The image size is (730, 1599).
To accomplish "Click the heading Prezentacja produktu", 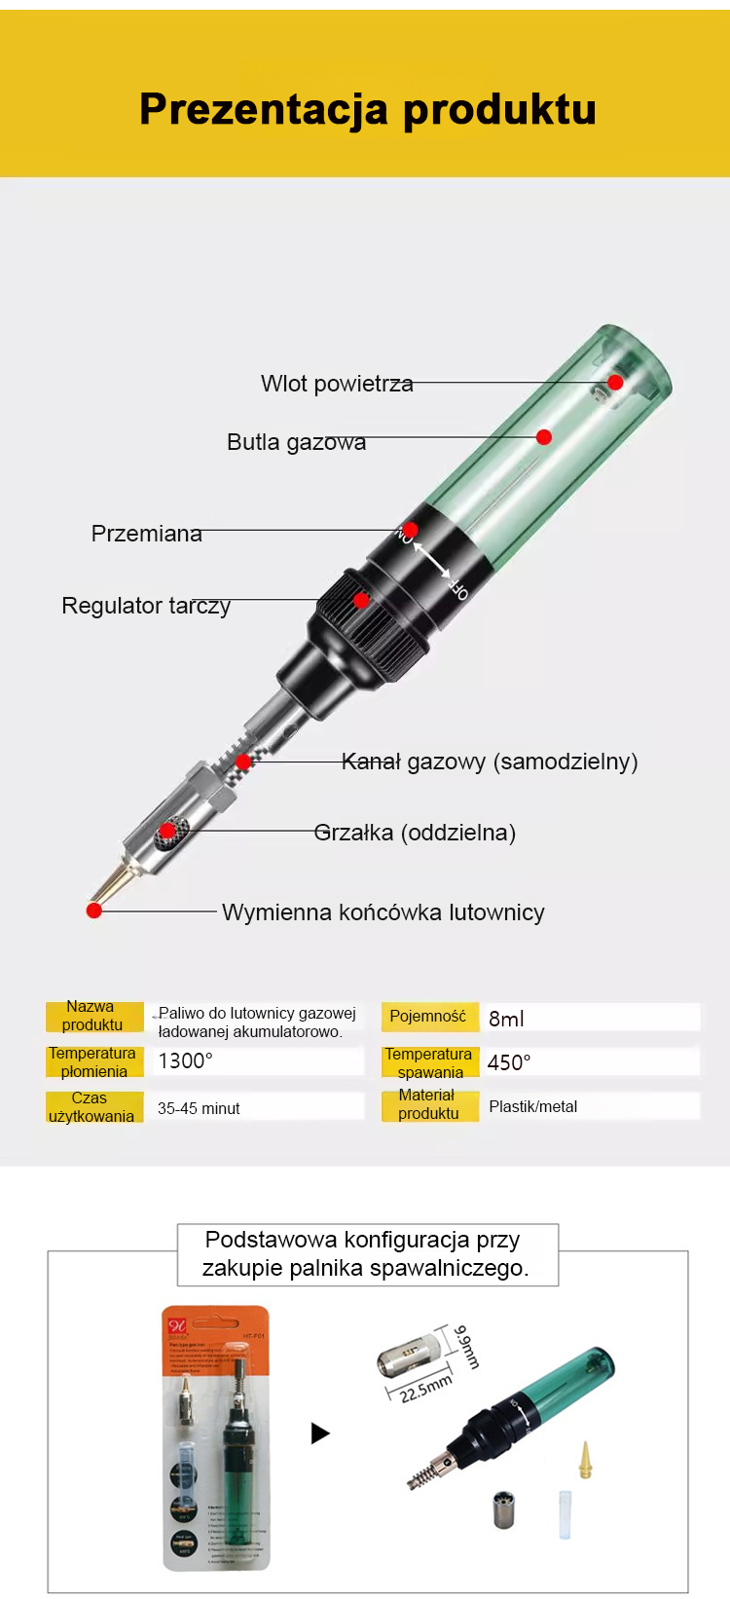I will pyautogui.click(x=367, y=109).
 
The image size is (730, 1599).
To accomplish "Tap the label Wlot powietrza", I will pyautogui.click(x=337, y=384).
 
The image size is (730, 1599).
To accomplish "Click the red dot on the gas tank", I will pyautogui.click(x=544, y=437).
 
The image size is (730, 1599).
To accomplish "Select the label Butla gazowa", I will pyautogui.click(x=296, y=442).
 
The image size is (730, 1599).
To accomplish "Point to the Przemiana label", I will pyautogui.click(x=146, y=534).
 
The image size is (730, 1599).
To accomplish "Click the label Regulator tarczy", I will pyautogui.click(x=146, y=606).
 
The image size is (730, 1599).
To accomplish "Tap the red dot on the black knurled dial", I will pyautogui.click(x=361, y=600).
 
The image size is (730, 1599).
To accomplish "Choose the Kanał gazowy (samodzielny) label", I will pyautogui.click(x=490, y=762).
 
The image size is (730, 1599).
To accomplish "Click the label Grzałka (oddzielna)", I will pyautogui.click(x=415, y=833).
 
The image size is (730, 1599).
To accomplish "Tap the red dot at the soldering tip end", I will pyautogui.click(x=94, y=911).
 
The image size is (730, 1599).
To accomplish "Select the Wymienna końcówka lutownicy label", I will pyautogui.click(x=383, y=912).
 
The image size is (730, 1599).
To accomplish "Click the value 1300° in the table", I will pyautogui.click(x=185, y=1060).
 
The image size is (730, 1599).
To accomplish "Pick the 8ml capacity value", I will pyautogui.click(x=506, y=1019).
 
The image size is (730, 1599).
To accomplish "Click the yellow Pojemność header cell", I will pyautogui.click(x=428, y=1017).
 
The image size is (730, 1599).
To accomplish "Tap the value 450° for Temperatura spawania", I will pyautogui.click(x=509, y=1062).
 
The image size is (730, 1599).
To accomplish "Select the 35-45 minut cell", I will pyautogui.click(x=199, y=1108).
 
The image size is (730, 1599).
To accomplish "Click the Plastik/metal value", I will pyautogui.click(x=532, y=1106).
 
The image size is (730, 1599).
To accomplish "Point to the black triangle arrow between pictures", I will pyautogui.click(x=320, y=1432).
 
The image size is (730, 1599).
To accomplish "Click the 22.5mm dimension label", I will pyautogui.click(x=425, y=1388).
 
